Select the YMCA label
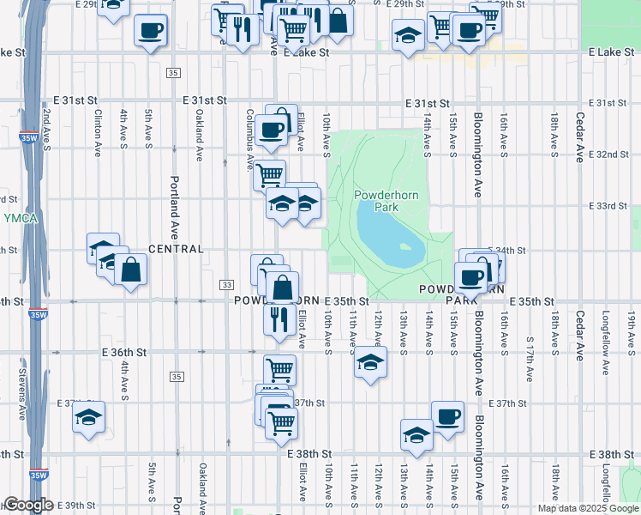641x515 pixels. tap(20, 218)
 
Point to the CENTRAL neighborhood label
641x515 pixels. tap(176, 249)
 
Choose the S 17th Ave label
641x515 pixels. tap(530, 360)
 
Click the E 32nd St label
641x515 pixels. tap(612, 154)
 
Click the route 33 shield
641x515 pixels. tap(226, 284)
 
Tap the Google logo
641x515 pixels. tap(28, 505)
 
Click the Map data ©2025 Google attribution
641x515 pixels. tap(588, 507)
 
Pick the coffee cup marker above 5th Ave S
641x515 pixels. tap(151, 31)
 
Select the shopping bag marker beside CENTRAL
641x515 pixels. tap(129, 270)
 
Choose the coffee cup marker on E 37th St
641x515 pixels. tap(447, 417)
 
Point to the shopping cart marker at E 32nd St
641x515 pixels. tap(270, 175)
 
